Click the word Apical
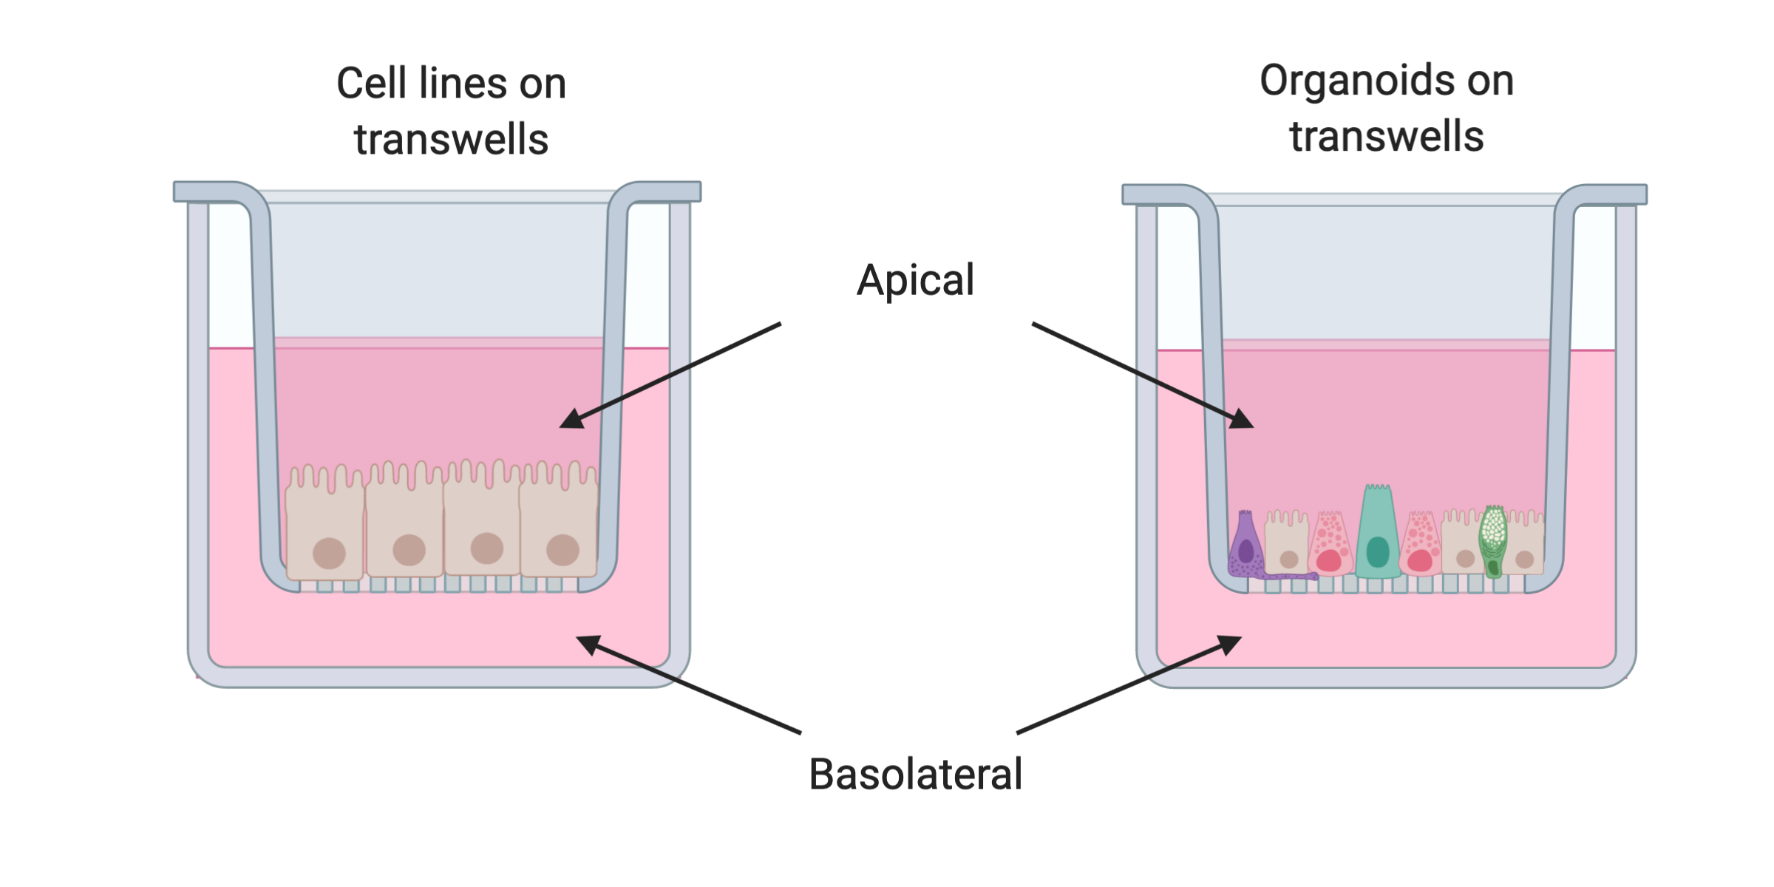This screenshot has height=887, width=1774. click(x=915, y=281)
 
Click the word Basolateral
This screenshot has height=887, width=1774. click(x=916, y=774)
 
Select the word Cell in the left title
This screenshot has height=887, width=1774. click(x=371, y=83)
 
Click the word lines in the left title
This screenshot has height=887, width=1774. click(x=463, y=83)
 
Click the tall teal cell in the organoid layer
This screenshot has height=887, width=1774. click(x=1378, y=532)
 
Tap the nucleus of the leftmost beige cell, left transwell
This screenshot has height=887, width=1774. click(x=329, y=553)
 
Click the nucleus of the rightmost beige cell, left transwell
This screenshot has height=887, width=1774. click(x=563, y=550)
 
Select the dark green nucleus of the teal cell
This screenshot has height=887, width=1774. click(x=1378, y=551)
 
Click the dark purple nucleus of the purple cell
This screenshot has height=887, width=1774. click(x=1246, y=551)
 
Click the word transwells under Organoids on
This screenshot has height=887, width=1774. click(x=1387, y=137)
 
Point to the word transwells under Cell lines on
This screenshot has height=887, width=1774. click(x=451, y=140)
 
